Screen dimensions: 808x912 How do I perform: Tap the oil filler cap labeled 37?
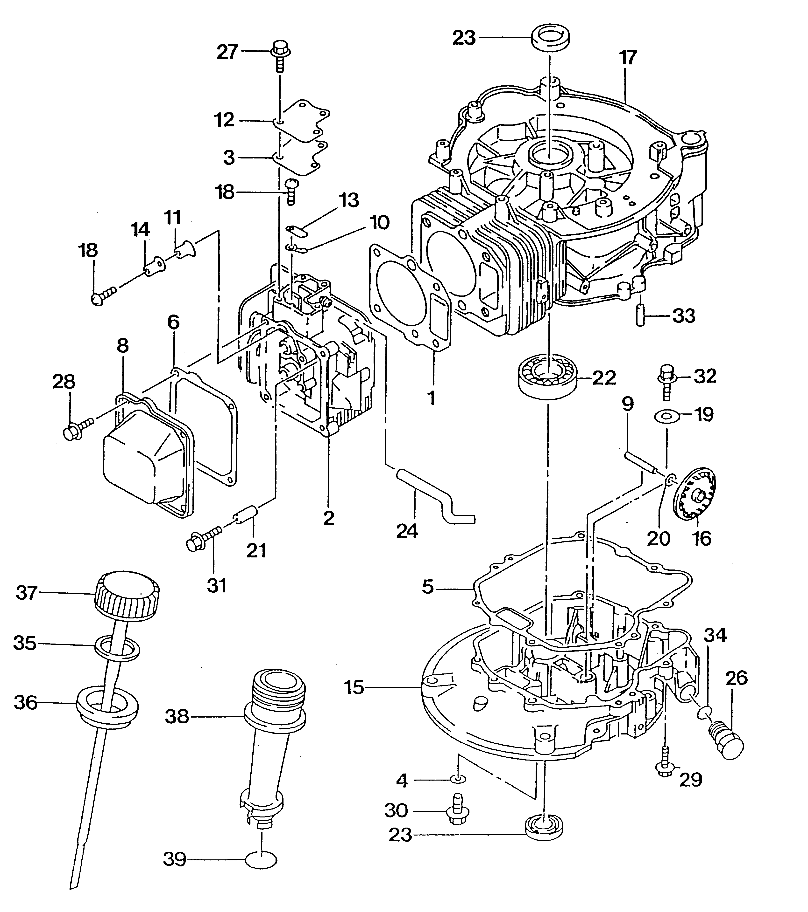coord(127,595)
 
